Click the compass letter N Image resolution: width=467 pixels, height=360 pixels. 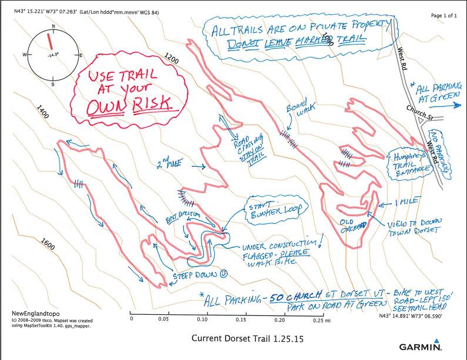pos(53,27)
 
